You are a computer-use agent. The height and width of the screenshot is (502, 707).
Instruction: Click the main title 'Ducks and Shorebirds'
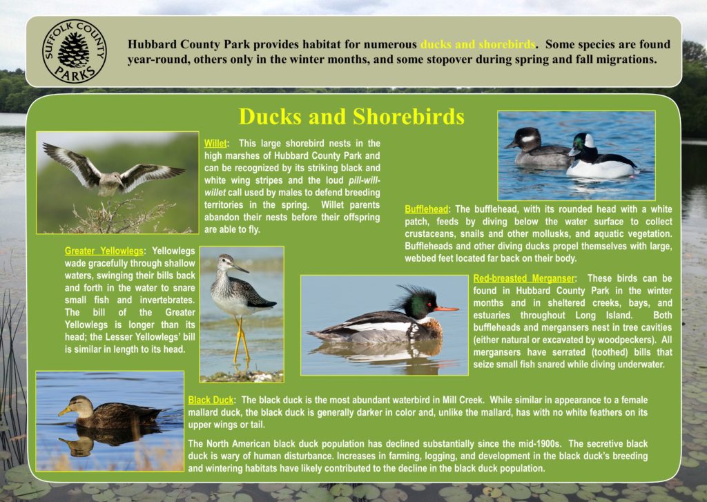click(x=351, y=116)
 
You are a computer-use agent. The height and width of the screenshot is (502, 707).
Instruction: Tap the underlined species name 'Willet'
click(x=215, y=143)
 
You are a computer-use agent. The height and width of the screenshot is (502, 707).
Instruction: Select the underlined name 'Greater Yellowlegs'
click(x=104, y=251)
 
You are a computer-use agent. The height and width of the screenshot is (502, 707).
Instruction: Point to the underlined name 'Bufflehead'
click(x=428, y=209)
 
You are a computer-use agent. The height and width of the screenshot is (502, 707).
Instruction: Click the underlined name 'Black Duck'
click(x=211, y=400)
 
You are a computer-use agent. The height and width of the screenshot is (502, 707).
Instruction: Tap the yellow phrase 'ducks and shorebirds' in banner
click(x=478, y=44)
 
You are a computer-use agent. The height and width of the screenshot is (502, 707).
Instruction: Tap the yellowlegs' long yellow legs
click(x=241, y=340)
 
